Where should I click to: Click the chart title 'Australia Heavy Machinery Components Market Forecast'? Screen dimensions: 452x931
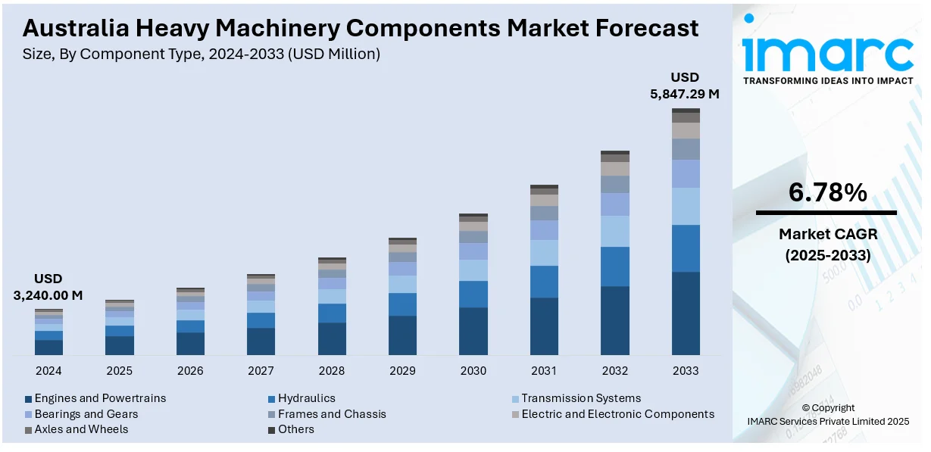pyautogui.click(x=361, y=28)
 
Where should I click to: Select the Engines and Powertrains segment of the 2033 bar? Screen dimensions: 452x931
pyautogui.click(x=686, y=313)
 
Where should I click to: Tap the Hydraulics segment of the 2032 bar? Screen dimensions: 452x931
pyautogui.click(x=615, y=267)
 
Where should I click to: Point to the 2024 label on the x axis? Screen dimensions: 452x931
pyautogui.click(x=48, y=371)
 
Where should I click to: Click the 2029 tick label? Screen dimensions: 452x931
pyautogui.click(x=402, y=371)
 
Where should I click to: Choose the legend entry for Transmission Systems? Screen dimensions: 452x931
pyautogui.click(x=580, y=398)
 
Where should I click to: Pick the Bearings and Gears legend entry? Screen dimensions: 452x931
pyautogui.click(x=86, y=414)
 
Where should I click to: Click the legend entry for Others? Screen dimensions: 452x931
pyautogui.click(x=295, y=429)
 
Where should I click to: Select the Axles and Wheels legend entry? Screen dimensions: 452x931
pyautogui.click(x=81, y=429)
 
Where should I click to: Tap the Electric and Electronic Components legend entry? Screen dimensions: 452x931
pyautogui.click(x=617, y=414)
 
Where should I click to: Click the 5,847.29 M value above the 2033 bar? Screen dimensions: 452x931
pyautogui.click(x=685, y=95)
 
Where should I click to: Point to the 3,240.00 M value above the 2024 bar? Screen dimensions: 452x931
pyautogui.click(x=48, y=295)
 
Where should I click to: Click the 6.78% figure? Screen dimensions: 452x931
pyautogui.click(x=827, y=193)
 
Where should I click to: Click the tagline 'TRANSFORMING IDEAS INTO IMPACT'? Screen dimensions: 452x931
pyautogui.click(x=828, y=80)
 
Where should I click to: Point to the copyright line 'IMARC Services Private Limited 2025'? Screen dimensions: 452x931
pyautogui.click(x=828, y=421)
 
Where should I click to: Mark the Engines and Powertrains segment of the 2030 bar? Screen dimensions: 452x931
pyautogui.click(x=473, y=331)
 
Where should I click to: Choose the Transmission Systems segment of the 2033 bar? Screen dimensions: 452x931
pyautogui.click(x=686, y=206)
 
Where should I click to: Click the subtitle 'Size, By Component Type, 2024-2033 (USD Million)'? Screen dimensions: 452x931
pyautogui.click(x=202, y=54)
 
